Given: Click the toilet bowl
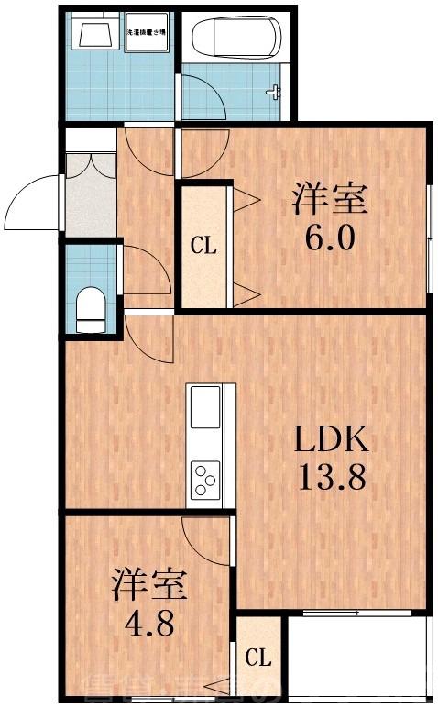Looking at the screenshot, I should (x=91, y=306).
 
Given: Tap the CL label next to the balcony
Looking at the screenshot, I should (x=259, y=658).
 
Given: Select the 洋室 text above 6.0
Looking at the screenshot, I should (x=330, y=199).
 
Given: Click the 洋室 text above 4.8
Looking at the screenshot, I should (x=150, y=585).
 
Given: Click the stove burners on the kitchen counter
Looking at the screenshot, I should (x=204, y=478).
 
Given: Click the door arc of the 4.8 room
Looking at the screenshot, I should (x=203, y=541).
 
